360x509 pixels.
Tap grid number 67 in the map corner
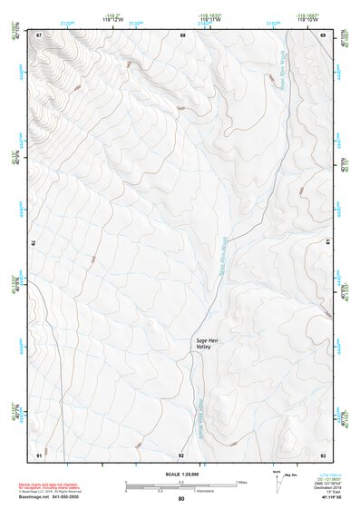pyautogui.click(x=39, y=34)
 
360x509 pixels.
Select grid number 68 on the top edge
pyautogui.click(x=182, y=34)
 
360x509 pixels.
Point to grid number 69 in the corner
pyautogui.click(x=323, y=34)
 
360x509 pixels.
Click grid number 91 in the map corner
pyautogui.click(x=39, y=454)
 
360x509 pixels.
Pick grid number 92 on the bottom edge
pyautogui.click(x=181, y=454)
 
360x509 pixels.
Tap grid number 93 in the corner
pyautogui.click(x=323, y=454)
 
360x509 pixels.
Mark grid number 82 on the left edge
pyautogui.click(x=34, y=243)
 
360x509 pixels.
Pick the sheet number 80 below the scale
pyautogui.click(x=181, y=499)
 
